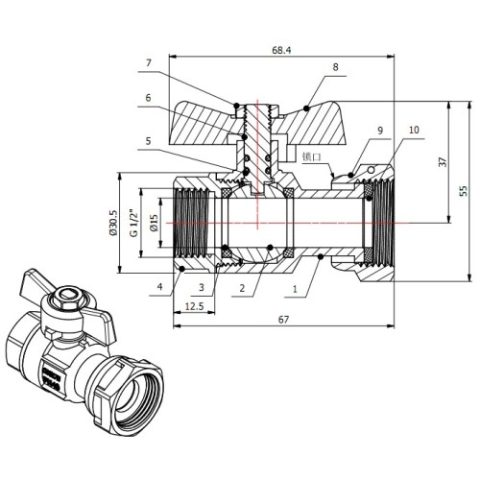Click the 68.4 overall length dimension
click(x=281, y=50)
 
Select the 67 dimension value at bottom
click(x=283, y=320)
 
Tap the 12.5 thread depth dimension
click(x=194, y=306)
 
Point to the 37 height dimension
click(x=443, y=162)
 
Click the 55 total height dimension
click(x=464, y=191)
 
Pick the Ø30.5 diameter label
click(x=114, y=223)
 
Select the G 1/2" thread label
click(x=134, y=223)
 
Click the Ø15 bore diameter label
click(x=154, y=223)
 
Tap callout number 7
click(x=148, y=63)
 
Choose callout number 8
click(x=335, y=67)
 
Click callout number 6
click(x=148, y=98)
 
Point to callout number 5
click(x=148, y=141)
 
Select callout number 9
click(x=380, y=131)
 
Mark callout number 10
click(x=414, y=130)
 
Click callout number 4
click(x=159, y=286)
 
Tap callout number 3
click(x=202, y=287)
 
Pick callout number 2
click(x=242, y=288)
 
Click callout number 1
click(x=295, y=289)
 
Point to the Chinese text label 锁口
click(x=311, y=156)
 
